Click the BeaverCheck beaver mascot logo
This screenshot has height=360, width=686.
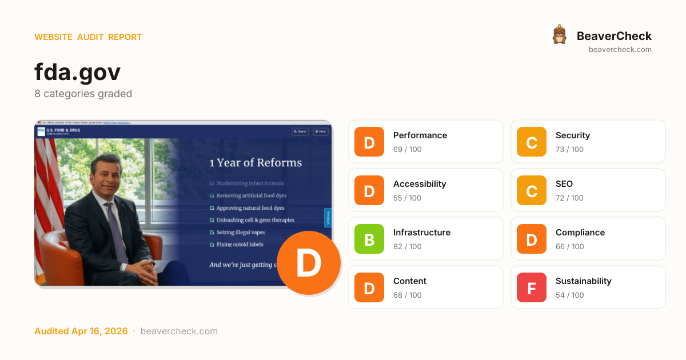(560, 35)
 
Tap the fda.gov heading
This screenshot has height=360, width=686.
(77, 72)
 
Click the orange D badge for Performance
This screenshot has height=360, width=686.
(369, 142)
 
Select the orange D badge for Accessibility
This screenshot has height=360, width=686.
(369, 190)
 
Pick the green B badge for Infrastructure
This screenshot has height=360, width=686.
(369, 239)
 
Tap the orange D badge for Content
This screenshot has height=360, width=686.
(369, 287)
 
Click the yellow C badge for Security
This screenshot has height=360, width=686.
(532, 142)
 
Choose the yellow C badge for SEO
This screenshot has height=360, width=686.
(532, 190)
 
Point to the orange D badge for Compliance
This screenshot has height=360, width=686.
(532, 239)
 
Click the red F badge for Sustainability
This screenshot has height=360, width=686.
(532, 287)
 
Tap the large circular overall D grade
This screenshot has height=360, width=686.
(309, 263)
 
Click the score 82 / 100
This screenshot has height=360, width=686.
(407, 247)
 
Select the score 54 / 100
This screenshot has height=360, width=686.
(569, 295)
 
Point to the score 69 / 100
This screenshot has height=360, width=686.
(407, 150)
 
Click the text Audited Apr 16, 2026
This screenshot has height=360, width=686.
(81, 331)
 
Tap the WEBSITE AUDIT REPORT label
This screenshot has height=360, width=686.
(88, 37)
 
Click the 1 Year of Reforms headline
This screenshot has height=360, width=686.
(256, 163)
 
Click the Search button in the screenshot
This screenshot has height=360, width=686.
(300, 131)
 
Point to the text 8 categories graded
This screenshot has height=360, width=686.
(83, 94)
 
